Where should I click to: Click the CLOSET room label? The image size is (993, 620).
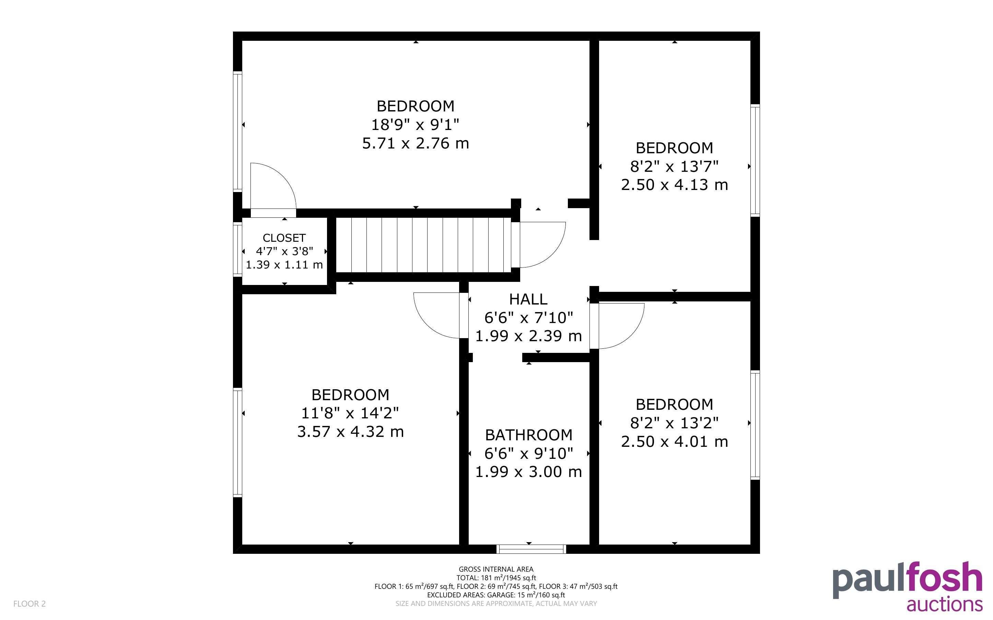pos(284,238)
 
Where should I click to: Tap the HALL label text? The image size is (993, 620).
pos(528,299)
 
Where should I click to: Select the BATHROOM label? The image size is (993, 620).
pos(529,435)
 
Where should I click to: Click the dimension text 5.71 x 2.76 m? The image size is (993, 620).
pos(416,143)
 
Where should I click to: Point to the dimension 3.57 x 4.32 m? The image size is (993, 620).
pos(351,431)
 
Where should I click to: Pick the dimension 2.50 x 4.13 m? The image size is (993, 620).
pos(675,184)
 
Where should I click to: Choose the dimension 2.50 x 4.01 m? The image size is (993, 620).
pos(675,441)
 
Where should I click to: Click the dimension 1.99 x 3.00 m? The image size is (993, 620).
pos(529,472)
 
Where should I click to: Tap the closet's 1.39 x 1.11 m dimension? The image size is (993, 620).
pos(284,264)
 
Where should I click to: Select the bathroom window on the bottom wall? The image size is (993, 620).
pos(531,549)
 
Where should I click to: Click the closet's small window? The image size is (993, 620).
pos(237,249)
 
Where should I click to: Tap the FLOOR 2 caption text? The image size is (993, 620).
pos(30,604)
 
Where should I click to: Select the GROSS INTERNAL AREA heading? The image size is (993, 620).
pos(496,569)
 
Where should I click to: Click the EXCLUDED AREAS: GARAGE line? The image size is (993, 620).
pos(496,595)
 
